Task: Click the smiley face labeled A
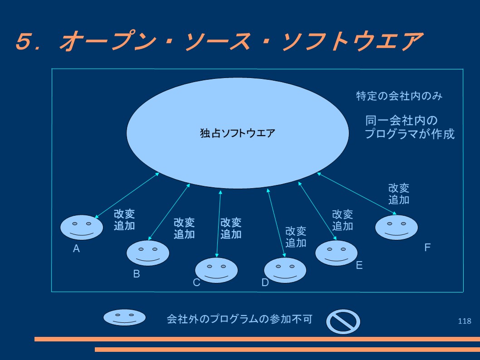point(81,227)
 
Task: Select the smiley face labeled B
point(148,253)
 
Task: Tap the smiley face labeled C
point(216,270)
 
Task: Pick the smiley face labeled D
point(285,270)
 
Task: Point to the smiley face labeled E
point(337,253)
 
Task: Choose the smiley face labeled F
point(397,227)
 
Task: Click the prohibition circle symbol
point(343,321)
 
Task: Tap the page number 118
point(465,321)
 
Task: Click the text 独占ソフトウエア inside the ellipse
point(238,133)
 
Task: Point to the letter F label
point(427,247)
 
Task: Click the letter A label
point(76,248)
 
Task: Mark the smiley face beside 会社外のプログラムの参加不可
point(124,317)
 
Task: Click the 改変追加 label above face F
point(399,194)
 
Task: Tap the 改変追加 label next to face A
point(124,219)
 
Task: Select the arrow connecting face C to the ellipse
point(219,224)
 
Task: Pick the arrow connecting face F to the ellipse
point(357,194)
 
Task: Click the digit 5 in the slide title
point(24,41)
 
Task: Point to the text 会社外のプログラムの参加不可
point(240,319)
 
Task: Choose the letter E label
point(359,265)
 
